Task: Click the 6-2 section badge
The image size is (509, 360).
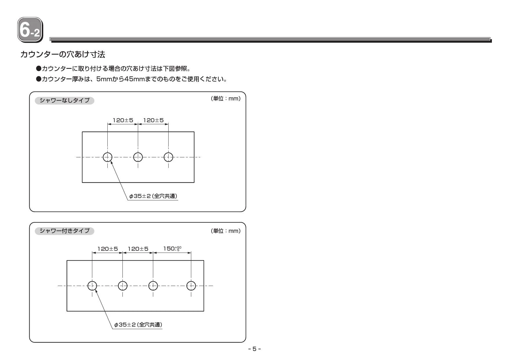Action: [x=30, y=30]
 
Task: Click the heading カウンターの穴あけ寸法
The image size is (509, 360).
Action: [x=63, y=54]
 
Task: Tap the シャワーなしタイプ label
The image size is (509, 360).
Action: [x=64, y=100]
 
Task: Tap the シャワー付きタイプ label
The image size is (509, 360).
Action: [x=64, y=231]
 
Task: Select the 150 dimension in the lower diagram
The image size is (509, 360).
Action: [x=172, y=249]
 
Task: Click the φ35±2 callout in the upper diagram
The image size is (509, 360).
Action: [x=153, y=196]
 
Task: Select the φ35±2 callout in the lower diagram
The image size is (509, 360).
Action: [x=138, y=325]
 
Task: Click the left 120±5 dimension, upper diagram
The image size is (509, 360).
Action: [x=123, y=120]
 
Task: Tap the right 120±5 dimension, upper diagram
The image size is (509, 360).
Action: [x=153, y=120]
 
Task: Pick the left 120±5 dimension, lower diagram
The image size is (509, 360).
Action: [x=107, y=249]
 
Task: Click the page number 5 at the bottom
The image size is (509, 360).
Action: [x=255, y=349]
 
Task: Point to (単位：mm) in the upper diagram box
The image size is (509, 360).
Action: [x=225, y=99]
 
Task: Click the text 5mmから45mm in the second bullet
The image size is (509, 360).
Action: [x=120, y=79]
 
